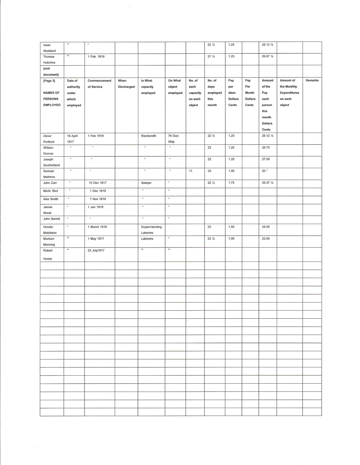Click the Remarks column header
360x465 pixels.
click(312, 80)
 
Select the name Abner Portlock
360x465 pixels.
click(49, 139)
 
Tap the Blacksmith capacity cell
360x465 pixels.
click(148, 136)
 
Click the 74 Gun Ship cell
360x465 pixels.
click(173, 139)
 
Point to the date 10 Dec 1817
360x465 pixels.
click(98, 183)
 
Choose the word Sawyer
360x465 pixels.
click(146, 183)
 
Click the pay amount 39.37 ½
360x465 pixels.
click(267, 183)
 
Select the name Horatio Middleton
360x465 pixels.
click(50, 230)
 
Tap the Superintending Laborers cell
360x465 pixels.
click(151, 230)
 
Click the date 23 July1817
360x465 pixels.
click(96, 250)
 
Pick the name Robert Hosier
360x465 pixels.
click(48, 254)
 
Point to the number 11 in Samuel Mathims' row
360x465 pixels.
click(190, 171)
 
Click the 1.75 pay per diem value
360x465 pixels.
click(231, 183)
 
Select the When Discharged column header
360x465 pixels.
click(126, 84)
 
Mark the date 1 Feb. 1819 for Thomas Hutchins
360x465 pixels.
click(96, 57)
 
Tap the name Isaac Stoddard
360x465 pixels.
click(49, 48)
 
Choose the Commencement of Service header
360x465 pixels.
click(99, 84)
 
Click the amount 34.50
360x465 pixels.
click(266, 227)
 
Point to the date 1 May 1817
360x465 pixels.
click(96, 238)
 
